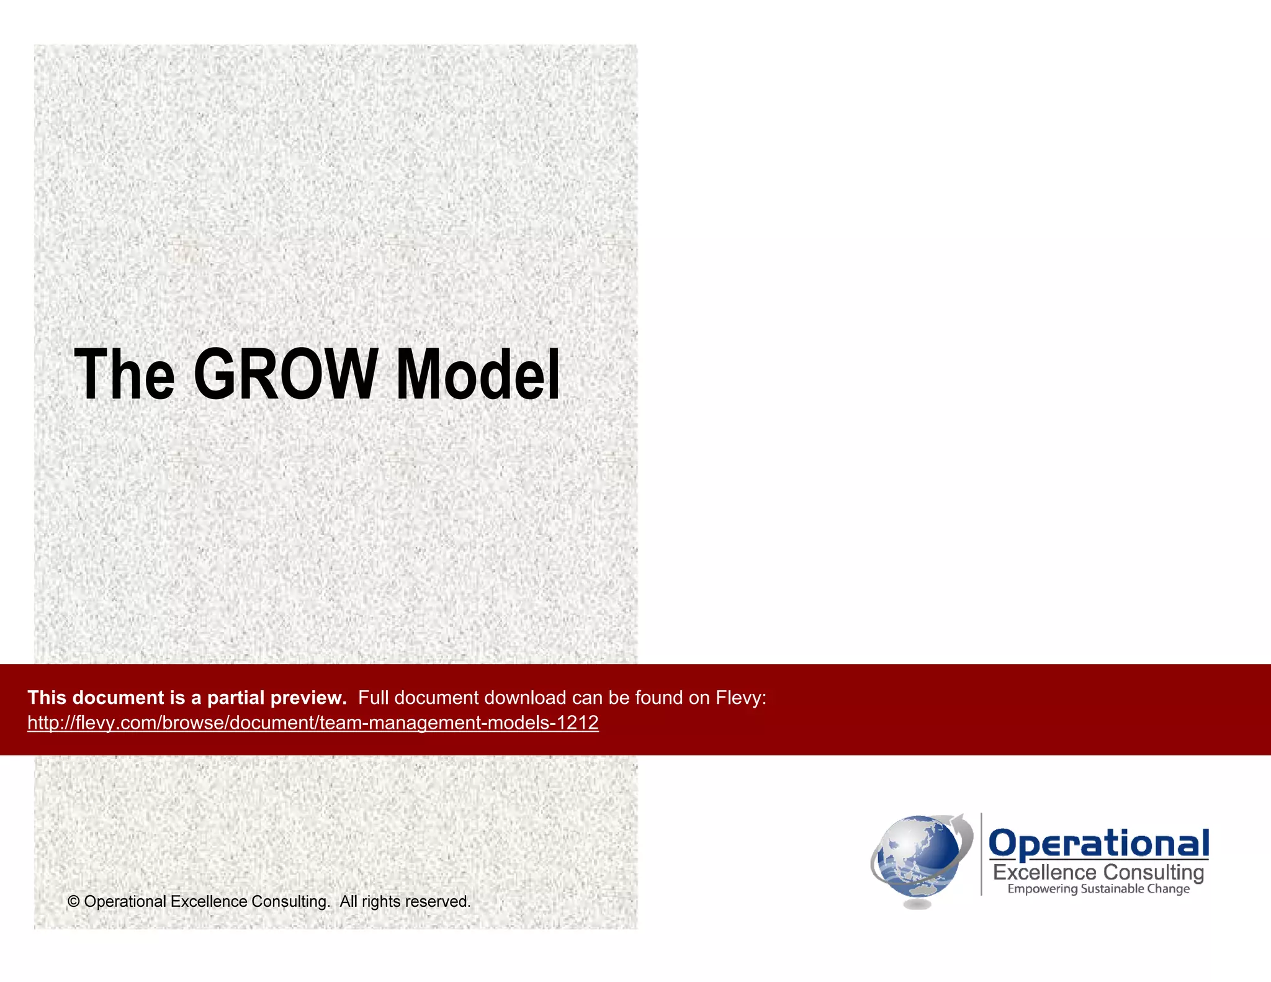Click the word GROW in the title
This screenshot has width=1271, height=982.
pos(285,374)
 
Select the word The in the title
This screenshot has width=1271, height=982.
pos(124,374)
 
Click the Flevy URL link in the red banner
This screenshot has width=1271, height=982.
pos(313,723)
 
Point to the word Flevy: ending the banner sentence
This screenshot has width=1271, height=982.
pos(740,698)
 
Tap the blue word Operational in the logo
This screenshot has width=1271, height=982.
pos(1098,844)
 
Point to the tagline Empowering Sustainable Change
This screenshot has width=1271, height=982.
pos(1098,889)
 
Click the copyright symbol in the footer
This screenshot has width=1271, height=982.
pos(73,901)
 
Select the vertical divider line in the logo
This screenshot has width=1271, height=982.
pos(981,854)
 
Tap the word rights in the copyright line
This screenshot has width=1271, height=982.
pos(380,901)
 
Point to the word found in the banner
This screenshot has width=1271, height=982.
pos(658,698)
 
